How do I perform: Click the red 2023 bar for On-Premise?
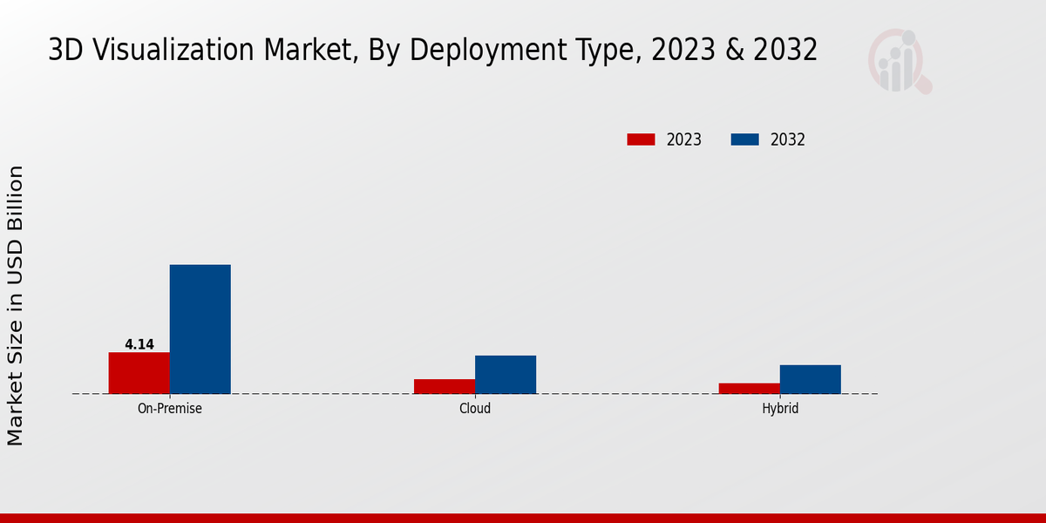pos(139,373)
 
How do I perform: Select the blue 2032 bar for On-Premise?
pos(200,329)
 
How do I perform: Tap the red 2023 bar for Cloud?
pos(445,386)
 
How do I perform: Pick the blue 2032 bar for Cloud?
pos(506,375)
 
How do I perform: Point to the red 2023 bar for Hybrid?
pos(749,388)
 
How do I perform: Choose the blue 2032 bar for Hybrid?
pos(810,379)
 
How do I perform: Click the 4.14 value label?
pos(139,344)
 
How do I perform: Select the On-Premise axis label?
pos(170,408)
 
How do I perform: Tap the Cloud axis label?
pos(475,408)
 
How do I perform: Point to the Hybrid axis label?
pos(780,408)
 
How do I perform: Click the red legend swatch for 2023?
pos(641,139)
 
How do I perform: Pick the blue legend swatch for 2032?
pos(744,139)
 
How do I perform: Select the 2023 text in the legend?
pos(684,139)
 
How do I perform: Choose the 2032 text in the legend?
pos(788,139)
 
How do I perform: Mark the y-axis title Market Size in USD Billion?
pos(16,305)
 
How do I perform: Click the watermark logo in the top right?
pos(899,61)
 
